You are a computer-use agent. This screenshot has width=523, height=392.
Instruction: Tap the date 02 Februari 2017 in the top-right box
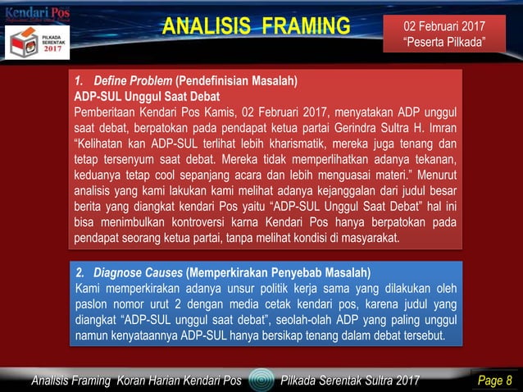tap(444, 26)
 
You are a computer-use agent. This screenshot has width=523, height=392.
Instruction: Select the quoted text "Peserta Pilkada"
tap(443, 43)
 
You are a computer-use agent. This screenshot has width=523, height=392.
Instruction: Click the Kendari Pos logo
tap(38, 14)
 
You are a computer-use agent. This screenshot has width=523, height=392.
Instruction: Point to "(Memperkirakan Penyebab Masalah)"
tap(279, 273)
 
